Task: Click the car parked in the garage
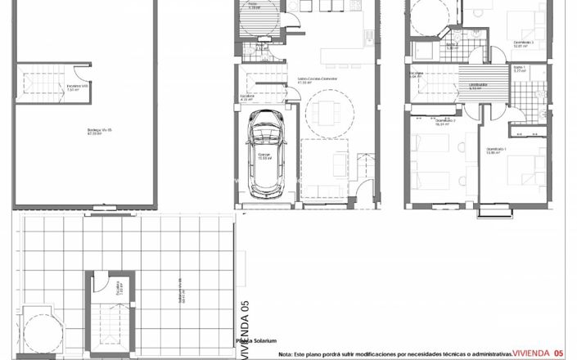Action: click(265, 156)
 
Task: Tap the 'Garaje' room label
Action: click(264, 155)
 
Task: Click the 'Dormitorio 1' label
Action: click(497, 150)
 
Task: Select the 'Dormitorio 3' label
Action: click(524, 43)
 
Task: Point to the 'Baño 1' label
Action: click(519, 69)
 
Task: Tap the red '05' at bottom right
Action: click(559, 353)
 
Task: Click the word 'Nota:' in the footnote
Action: click(285, 354)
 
